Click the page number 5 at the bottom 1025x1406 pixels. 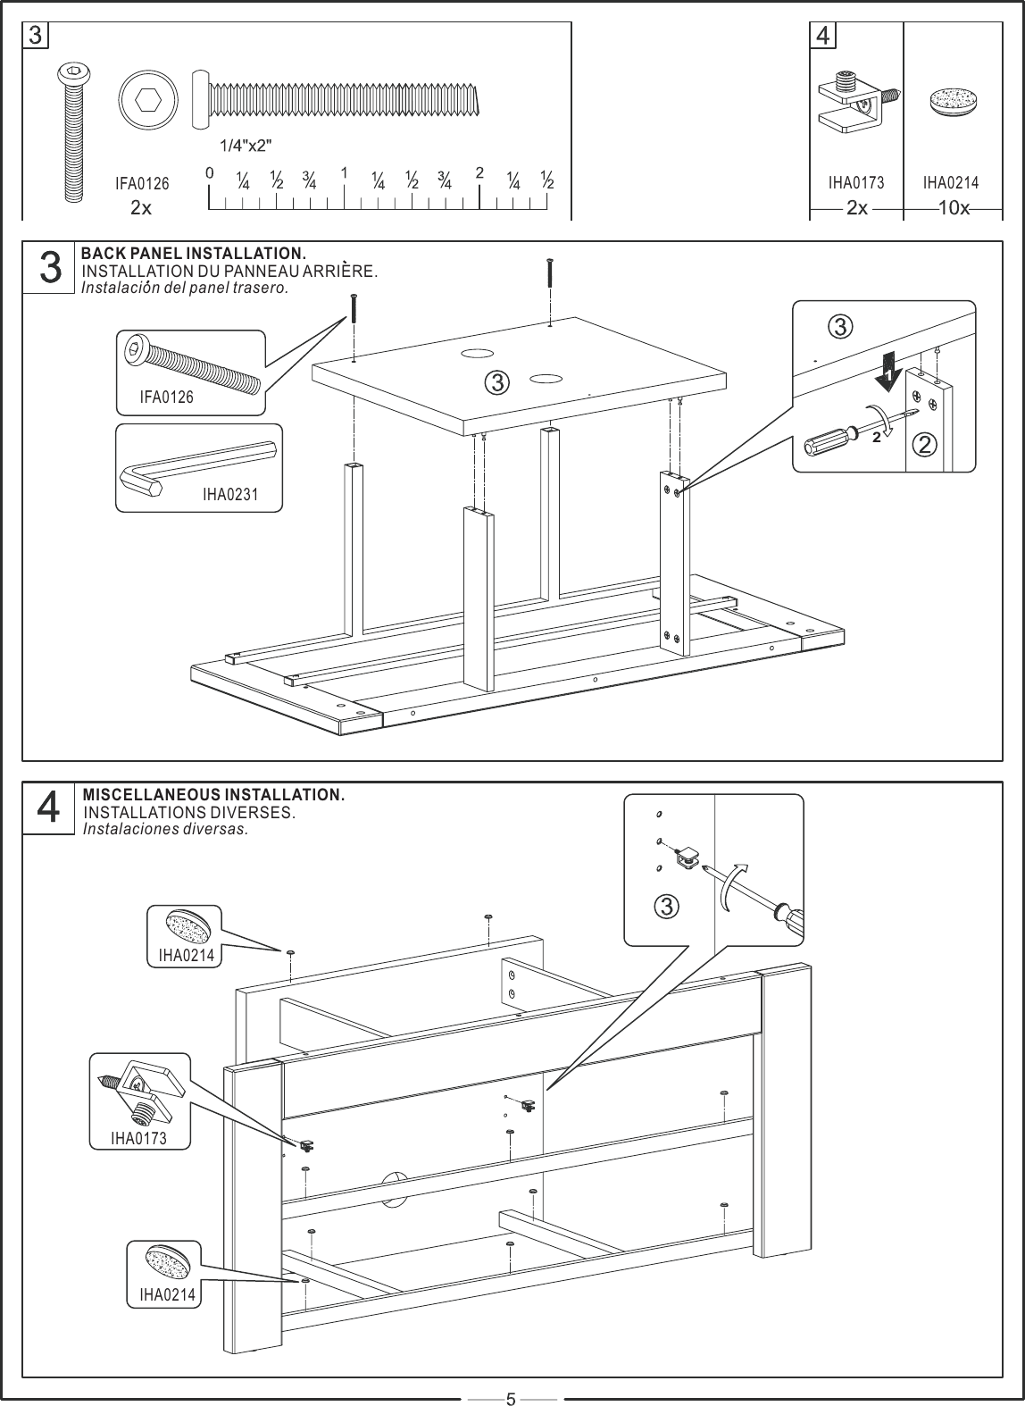[x=511, y=1397]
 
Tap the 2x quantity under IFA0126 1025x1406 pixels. [x=141, y=208]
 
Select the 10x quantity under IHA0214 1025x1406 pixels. [x=954, y=208]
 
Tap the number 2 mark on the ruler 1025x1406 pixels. [x=479, y=172]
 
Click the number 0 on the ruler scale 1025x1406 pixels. [x=208, y=172]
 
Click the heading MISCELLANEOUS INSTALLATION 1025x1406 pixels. [x=213, y=794]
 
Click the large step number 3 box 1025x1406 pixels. [x=51, y=268]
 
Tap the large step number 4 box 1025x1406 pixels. [x=51, y=808]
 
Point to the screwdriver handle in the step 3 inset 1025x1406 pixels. [x=829, y=439]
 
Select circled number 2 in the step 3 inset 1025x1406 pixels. [x=926, y=444]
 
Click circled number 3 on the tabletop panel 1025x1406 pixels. [x=496, y=383]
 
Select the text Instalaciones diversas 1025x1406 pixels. [x=164, y=829]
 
